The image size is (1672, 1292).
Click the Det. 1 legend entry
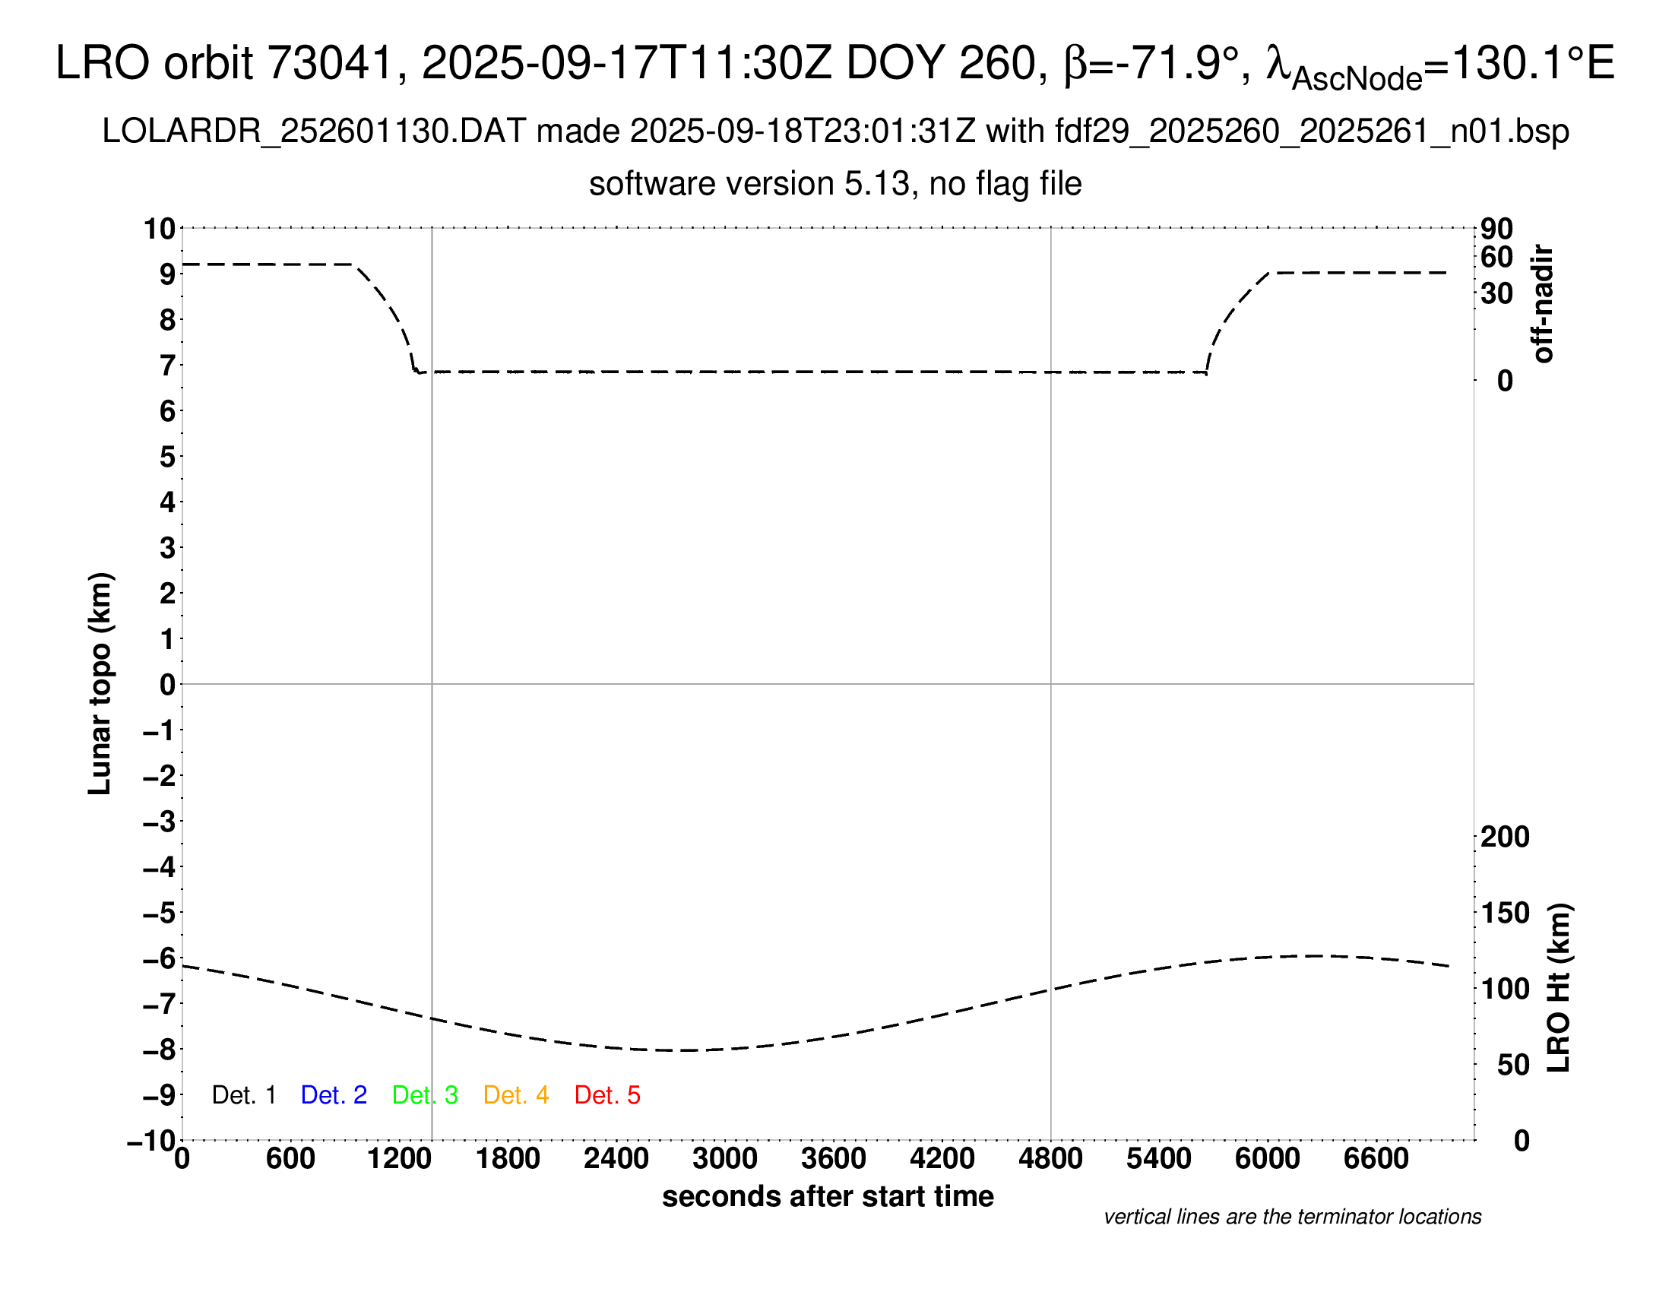[243, 1095]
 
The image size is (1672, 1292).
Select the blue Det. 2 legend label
[334, 1095]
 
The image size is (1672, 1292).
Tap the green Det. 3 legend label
[425, 1095]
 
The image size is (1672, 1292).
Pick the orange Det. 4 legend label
[516, 1095]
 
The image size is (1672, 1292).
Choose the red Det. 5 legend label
[607, 1095]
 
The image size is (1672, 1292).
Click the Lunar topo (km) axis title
[100, 683]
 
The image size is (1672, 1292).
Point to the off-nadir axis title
[1543, 304]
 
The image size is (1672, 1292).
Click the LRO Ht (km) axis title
[1559, 988]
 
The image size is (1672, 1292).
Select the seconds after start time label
[828, 1196]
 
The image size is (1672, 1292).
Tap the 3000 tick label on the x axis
[725, 1159]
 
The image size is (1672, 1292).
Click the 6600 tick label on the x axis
[1376, 1159]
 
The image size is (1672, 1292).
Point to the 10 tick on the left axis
[160, 229]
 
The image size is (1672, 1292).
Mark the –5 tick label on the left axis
[160, 913]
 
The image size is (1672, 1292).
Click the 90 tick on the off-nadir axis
[1496, 229]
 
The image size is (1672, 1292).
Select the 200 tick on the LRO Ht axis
[1505, 837]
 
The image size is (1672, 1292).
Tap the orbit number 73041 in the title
[337, 63]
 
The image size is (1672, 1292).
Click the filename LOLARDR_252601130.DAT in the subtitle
[314, 131]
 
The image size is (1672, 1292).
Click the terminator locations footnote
[1292, 1217]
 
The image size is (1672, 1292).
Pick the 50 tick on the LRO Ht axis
[1512, 1065]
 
